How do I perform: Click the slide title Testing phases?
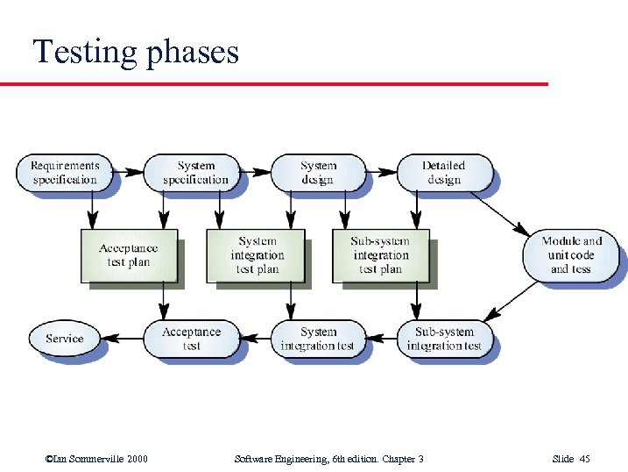pos(136,52)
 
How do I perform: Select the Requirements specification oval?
pos(66,173)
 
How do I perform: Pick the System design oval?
pos(318,173)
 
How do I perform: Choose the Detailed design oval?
pos(444,173)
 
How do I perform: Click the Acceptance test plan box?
pos(129,256)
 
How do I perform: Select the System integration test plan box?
pos(256,255)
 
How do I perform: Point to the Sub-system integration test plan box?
pos(380,255)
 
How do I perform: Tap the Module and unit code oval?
pos(571,255)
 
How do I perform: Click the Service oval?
pos(65,339)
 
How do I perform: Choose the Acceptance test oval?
pos(191,339)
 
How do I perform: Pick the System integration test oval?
pos(318,339)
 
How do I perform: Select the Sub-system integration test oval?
pos(444,339)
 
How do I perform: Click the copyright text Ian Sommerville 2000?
pos(95,459)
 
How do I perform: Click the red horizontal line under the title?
pos(273,84)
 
